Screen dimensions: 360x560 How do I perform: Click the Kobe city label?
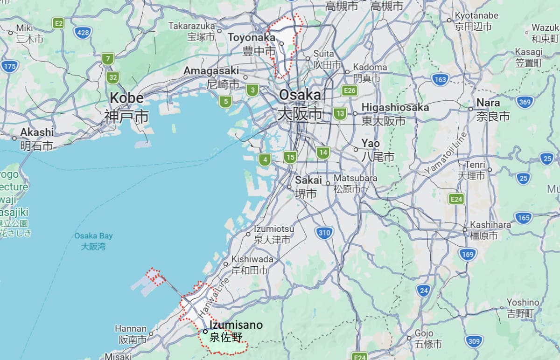coord(126,107)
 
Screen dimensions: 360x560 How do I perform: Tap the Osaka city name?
coord(300,104)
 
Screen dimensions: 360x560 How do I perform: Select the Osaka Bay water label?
coord(93,241)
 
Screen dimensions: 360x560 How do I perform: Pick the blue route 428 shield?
coord(82,32)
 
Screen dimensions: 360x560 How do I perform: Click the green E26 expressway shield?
coord(349,90)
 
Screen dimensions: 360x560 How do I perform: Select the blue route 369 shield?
coord(525,102)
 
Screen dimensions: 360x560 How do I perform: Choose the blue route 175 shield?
coord(9,66)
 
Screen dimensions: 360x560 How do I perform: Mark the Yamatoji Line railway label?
coord(446,153)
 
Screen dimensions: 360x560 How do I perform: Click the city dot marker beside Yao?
coord(356,150)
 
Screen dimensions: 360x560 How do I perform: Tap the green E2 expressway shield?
coord(58,23)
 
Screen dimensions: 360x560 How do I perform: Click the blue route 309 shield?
coord(474,342)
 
